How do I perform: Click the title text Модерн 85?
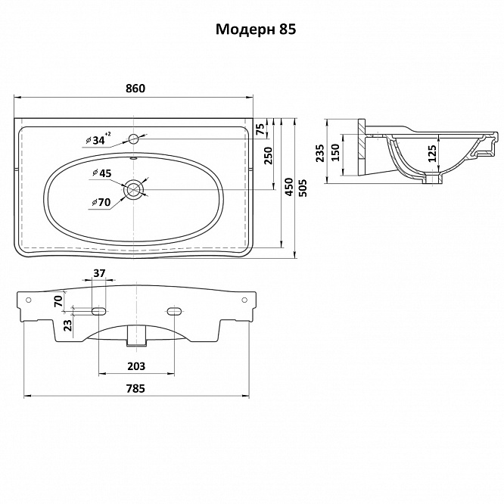256,30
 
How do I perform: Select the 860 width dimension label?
135,88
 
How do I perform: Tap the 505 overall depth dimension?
303,188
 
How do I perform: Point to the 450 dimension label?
288,187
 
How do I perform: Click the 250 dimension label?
268,155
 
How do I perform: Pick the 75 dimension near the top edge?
261,129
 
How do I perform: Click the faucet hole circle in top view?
133,139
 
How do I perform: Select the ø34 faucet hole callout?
98,139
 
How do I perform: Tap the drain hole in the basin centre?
133,189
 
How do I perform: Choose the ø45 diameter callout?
101,173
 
